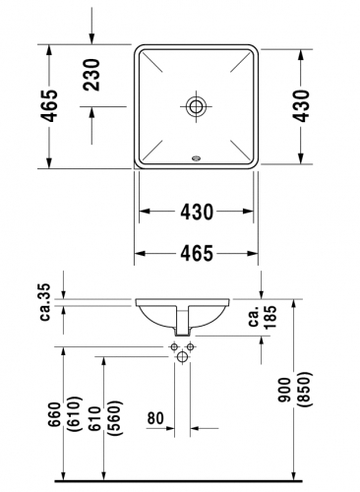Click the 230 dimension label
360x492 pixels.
click(91, 75)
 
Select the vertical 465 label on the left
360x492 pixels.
click(49, 105)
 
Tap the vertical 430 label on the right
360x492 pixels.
click(300, 105)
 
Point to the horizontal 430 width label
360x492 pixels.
click(197, 212)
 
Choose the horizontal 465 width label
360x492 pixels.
click(197, 253)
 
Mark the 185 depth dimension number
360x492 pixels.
click(270, 317)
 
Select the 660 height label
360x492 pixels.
click(54, 414)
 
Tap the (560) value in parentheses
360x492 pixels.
click(116, 418)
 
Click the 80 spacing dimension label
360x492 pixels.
click(155, 418)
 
